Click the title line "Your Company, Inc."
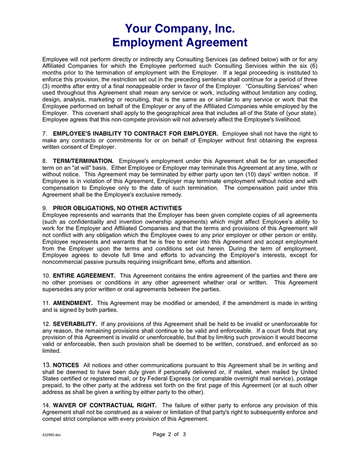(x=180, y=28)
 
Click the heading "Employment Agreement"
(x=180, y=42)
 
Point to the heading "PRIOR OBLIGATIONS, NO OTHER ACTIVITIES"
(x=117, y=208)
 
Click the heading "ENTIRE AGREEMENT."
(x=84, y=275)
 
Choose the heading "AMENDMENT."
(x=73, y=303)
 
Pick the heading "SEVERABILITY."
(x=75, y=324)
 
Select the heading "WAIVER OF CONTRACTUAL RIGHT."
(x=105, y=405)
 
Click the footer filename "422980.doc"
(x=52, y=435)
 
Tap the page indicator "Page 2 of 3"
(x=169, y=434)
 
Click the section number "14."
(x=47, y=405)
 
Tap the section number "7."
(x=45, y=134)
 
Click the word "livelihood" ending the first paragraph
(x=298, y=120)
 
